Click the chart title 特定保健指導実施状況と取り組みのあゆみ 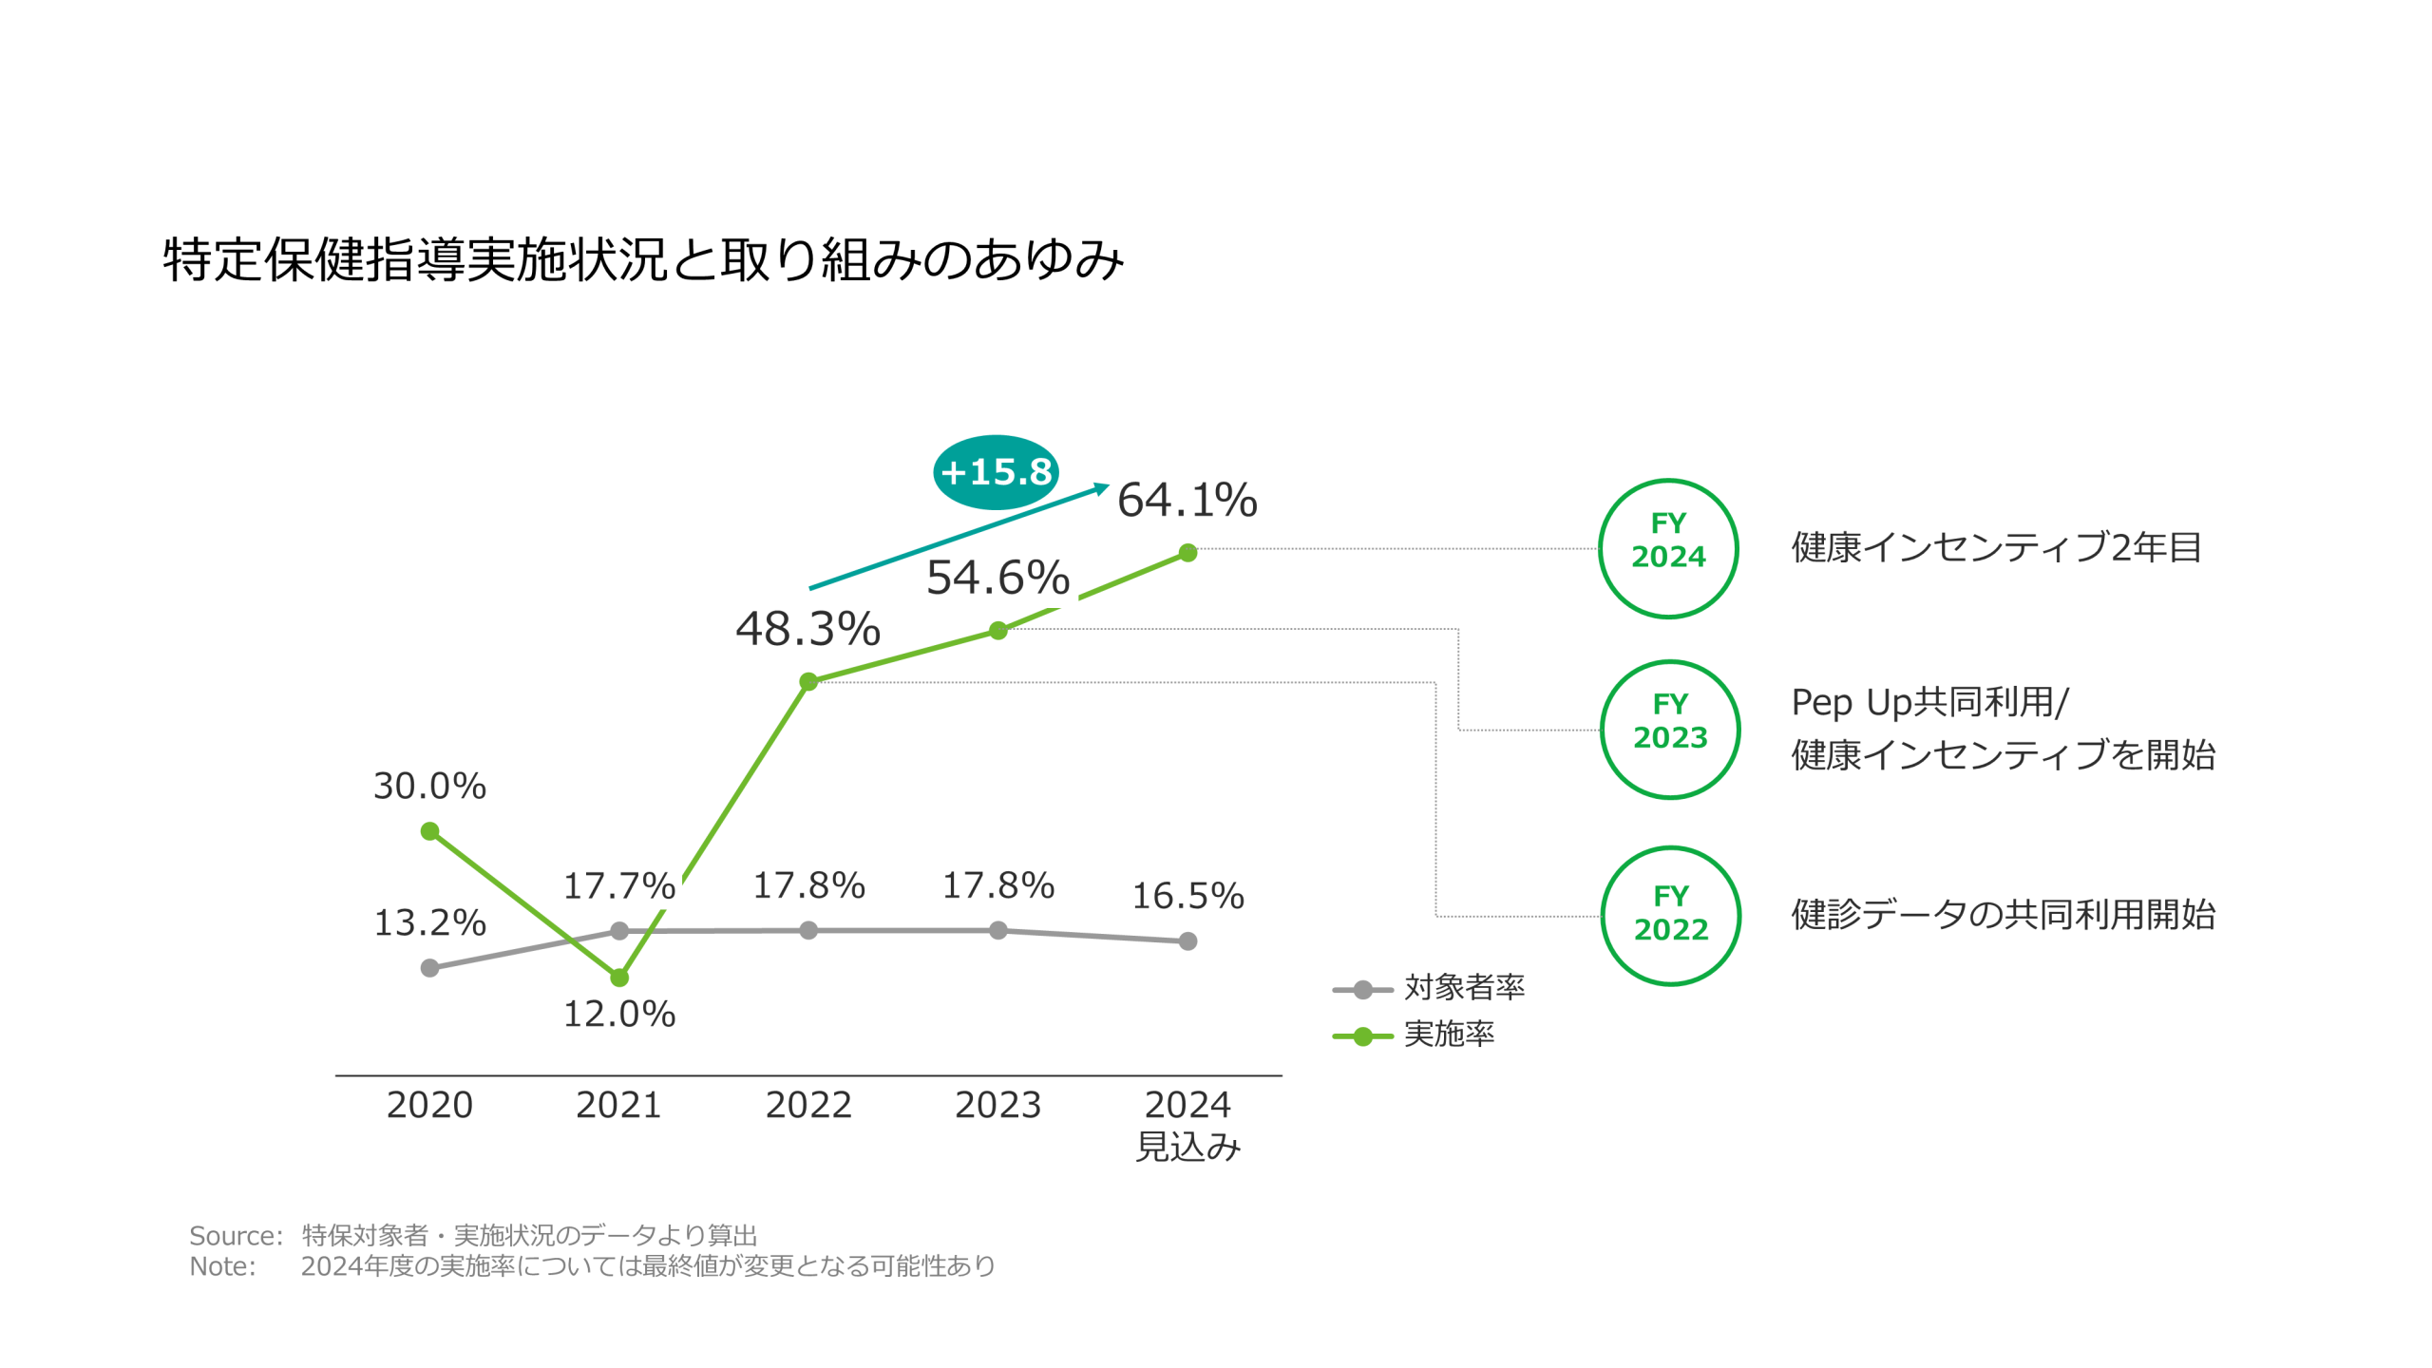[x=642, y=258]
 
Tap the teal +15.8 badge [x=995, y=471]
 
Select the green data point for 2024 [x=1187, y=553]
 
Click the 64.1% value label [x=1187, y=500]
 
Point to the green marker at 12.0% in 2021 [x=619, y=977]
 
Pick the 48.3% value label [x=807, y=629]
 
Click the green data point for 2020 [x=429, y=831]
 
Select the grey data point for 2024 [x=1187, y=941]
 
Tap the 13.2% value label [x=429, y=922]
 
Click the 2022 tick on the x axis [x=808, y=1105]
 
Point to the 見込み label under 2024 [x=1187, y=1147]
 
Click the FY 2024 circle [x=1668, y=549]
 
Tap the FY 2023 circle [x=1670, y=730]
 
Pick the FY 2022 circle [x=1670, y=916]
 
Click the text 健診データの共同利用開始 [x=2003, y=915]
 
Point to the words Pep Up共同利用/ [x=1928, y=703]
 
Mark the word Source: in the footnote [x=236, y=1235]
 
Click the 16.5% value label [x=1187, y=896]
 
